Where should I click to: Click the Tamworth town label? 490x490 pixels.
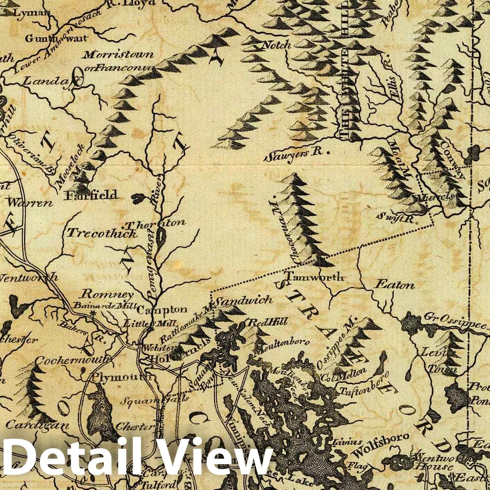tap(314, 277)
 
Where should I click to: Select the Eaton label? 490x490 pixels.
tap(394, 285)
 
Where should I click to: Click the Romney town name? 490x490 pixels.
tap(107, 295)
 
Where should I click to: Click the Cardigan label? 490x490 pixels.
tap(38, 425)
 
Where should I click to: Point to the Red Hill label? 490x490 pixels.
tap(267, 322)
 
